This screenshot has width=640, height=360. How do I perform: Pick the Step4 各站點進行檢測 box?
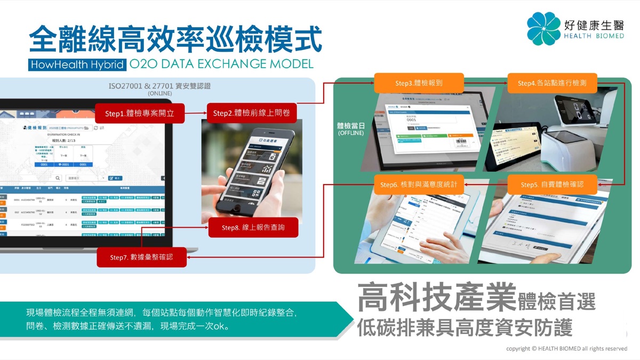(x=551, y=83)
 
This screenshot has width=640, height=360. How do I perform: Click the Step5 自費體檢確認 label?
(x=551, y=185)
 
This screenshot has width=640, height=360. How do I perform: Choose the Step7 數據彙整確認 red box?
(x=141, y=257)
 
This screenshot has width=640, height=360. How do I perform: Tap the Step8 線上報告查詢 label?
(x=253, y=228)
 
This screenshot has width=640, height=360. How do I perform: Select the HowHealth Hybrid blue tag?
(x=77, y=65)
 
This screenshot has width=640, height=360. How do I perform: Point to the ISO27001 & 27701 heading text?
(x=159, y=85)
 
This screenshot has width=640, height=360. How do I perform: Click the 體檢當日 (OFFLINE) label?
(x=350, y=129)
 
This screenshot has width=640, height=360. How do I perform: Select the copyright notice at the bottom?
(x=566, y=348)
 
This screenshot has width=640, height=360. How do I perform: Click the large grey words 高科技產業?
(x=436, y=298)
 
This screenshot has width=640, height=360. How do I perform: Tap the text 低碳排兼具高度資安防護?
(x=465, y=326)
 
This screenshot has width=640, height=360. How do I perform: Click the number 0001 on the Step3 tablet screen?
(x=411, y=121)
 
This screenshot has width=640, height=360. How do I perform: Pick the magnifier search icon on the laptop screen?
(x=58, y=178)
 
